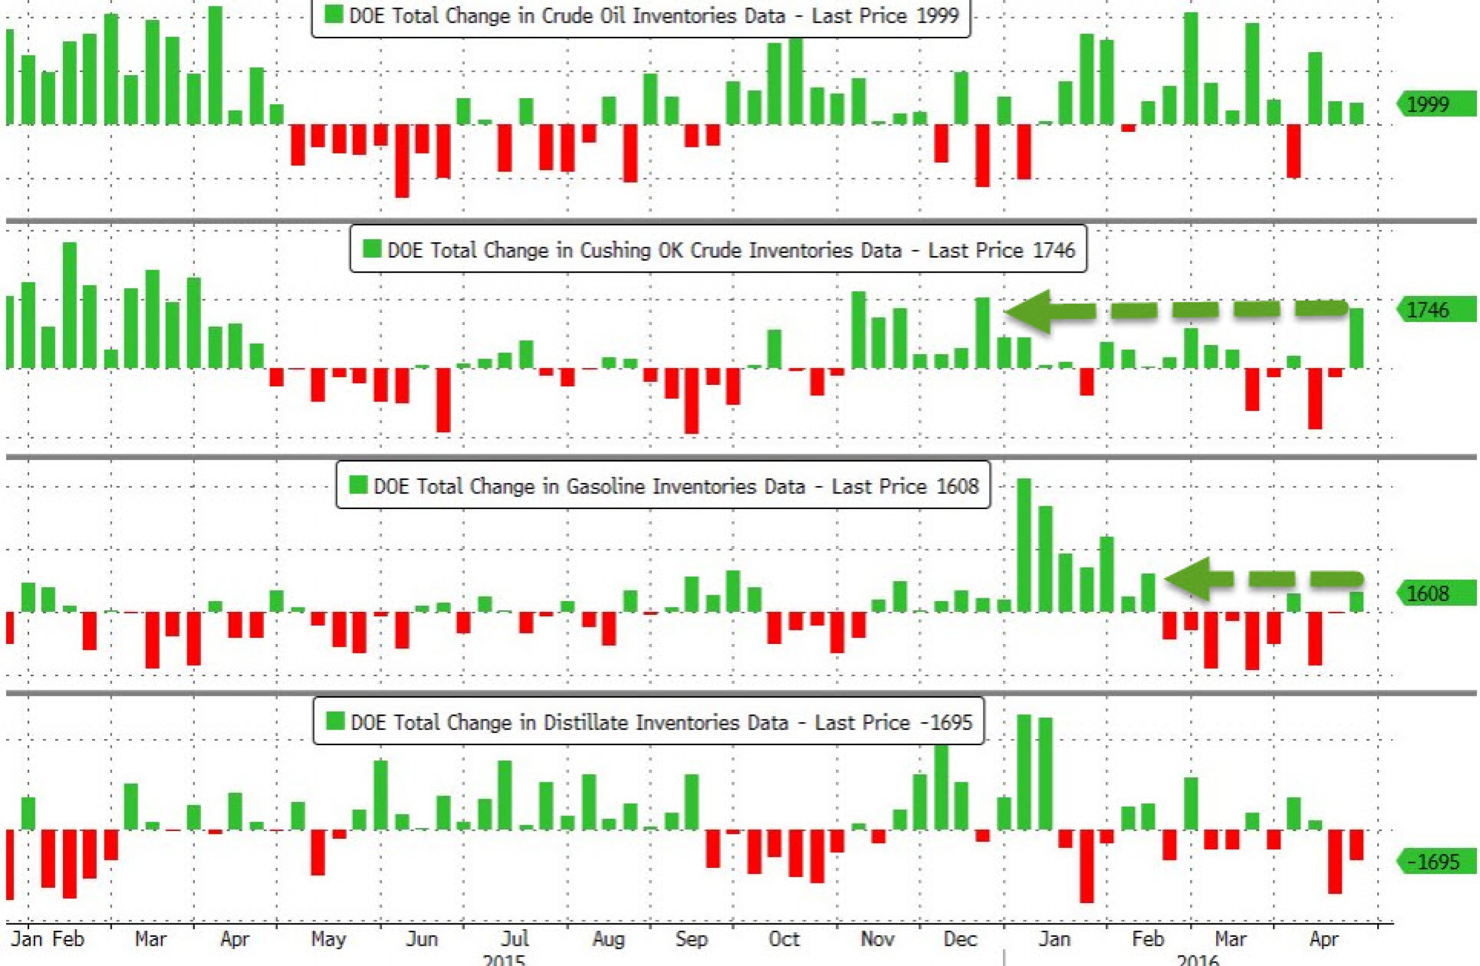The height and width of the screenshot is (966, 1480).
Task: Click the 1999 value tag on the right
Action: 1434,104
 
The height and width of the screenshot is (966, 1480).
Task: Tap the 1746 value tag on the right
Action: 1434,309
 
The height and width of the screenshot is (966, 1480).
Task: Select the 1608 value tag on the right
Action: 1434,593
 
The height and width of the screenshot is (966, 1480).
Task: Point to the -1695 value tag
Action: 1434,861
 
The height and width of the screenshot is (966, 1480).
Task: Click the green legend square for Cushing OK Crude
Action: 372,249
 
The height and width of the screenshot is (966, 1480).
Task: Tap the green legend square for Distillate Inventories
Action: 335,720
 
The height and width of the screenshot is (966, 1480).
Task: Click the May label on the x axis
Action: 328,939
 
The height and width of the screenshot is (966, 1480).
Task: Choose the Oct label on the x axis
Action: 784,939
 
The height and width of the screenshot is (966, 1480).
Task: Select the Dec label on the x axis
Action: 960,939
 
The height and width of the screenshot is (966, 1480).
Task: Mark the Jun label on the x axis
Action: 422,939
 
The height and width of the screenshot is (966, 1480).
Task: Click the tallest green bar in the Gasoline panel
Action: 1024,545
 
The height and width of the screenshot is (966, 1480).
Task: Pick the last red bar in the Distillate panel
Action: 1356,845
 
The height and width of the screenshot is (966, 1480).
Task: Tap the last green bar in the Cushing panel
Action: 1356,338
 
